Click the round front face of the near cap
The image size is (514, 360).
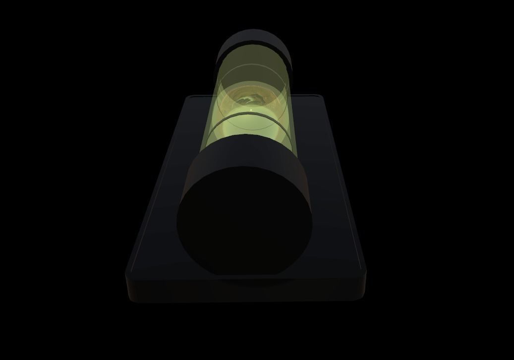click(245, 222)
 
